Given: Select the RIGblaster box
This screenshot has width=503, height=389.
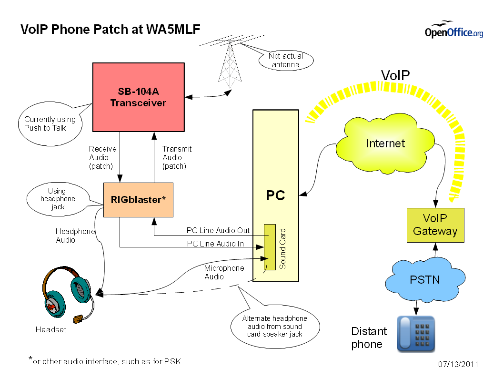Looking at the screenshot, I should pyautogui.click(x=138, y=200).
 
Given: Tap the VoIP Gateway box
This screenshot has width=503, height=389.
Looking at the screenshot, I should pyautogui.click(x=435, y=225).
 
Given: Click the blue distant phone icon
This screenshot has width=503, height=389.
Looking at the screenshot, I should pyautogui.click(x=416, y=334).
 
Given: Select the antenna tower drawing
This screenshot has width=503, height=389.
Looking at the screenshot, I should pyautogui.click(x=229, y=67).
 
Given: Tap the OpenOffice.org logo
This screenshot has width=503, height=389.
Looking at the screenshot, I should pyautogui.click(x=453, y=31).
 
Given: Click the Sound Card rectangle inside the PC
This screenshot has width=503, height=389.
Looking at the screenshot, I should pyautogui.click(x=270, y=246).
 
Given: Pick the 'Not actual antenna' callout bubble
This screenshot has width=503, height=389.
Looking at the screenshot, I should pyautogui.click(x=286, y=61).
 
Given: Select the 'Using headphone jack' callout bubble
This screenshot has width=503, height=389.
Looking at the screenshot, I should pyautogui.click(x=57, y=199).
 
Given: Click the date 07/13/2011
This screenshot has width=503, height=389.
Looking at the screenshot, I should pyautogui.click(x=458, y=365).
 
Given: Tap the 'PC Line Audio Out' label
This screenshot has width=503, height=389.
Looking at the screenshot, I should pyautogui.click(x=218, y=230).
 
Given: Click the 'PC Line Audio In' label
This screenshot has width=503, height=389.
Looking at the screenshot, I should pyautogui.click(x=215, y=244).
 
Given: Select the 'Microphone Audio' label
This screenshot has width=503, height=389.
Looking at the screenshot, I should pyautogui.click(x=224, y=272).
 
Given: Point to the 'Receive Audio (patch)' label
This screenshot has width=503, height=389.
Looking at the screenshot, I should pyautogui.click(x=102, y=157).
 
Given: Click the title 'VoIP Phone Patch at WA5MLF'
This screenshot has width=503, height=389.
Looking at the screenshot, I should pyautogui.click(x=111, y=30).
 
